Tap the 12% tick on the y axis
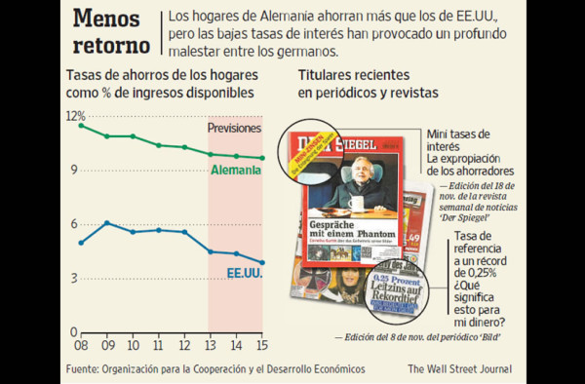75,116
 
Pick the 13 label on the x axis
208,346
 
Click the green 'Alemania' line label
236,171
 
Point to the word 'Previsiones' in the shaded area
235,128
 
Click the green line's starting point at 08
81,125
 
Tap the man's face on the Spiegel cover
362,168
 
